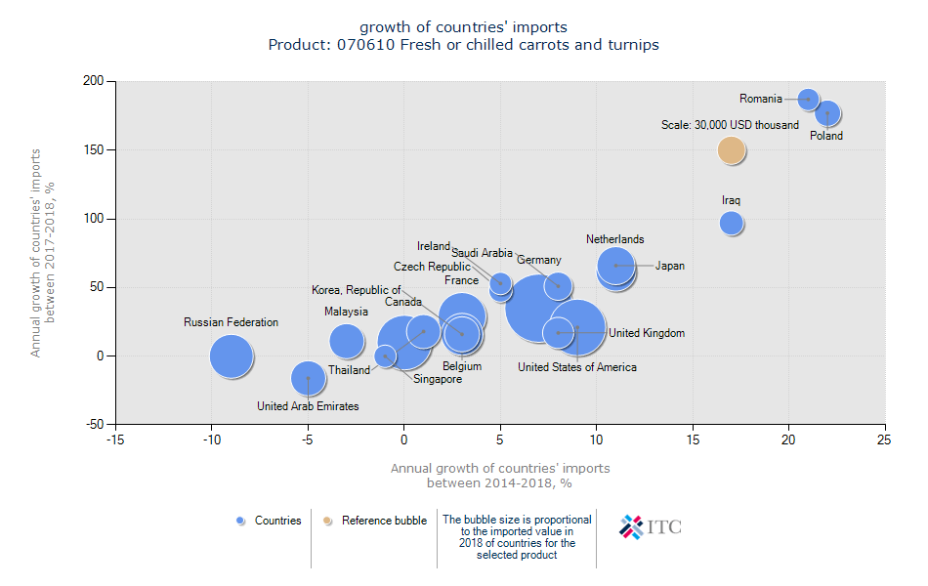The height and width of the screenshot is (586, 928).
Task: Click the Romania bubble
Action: [x=808, y=99]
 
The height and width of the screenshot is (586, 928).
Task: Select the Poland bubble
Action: [x=827, y=113]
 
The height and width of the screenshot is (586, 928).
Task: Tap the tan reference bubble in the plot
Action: [x=732, y=149]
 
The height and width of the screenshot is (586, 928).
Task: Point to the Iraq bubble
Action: [x=732, y=223]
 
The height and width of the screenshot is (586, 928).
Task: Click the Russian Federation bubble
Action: [x=231, y=356]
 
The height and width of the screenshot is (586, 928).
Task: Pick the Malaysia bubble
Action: [x=346, y=340]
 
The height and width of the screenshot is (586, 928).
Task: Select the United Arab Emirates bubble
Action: [x=308, y=378]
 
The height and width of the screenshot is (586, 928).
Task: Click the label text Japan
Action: [x=670, y=266]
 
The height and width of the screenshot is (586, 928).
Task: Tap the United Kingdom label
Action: [x=647, y=333]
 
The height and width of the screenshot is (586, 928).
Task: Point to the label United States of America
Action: [x=576, y=367]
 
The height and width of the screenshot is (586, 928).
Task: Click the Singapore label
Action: [x=437, y=379]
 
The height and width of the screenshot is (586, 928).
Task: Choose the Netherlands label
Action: [x=614, y=239]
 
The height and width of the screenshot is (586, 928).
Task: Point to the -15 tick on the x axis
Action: [x=115, y=439]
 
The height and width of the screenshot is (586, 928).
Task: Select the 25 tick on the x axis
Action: [x=885, y=439]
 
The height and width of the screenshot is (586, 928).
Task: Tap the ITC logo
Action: [x=651, y=526]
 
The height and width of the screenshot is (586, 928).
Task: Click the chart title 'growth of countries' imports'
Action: [x=463, y=26]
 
